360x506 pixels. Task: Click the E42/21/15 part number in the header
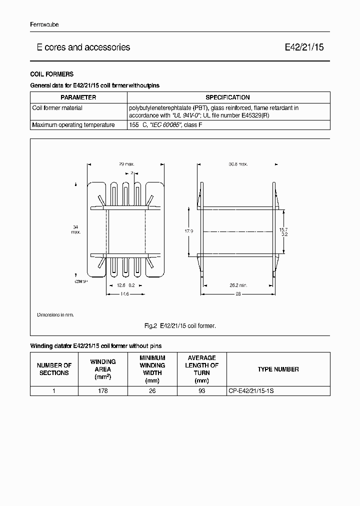pyautogui.click(x=304, y=47)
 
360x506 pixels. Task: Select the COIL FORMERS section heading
pyautogui.click(x=52, y=74)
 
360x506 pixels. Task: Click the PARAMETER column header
pyautogui.click(x=78, y=97)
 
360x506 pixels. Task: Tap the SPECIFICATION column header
pyautogui.click(x=228, y=97)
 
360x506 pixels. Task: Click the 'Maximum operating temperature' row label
pyautogui.click(x=73, y=125)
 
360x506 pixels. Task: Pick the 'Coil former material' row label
pyautogui.click(x=57, y=108)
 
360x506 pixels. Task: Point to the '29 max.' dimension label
pyautogui.click(x=126, y=164)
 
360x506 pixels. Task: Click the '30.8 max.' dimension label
pyautogui.click(x=238, y=164)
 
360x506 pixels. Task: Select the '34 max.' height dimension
pyautogui.click(x=75, y=229)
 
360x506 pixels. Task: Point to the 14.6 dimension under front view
pyautogui.click(x=124, y=294)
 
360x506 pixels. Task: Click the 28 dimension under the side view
pyautogui.click(x=237, y=294)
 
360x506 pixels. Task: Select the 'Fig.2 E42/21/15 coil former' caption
pyautogui.click(x=179, y=326)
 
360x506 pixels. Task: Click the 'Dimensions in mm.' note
pyautogui.click(x=55, y=315)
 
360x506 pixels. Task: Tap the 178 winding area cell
pyautogui.click(x=103, y=391)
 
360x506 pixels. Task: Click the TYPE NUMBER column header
pyautogui.click(x=278, y=369)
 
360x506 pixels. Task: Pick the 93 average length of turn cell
pyautogui.click(x=201, y=391)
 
